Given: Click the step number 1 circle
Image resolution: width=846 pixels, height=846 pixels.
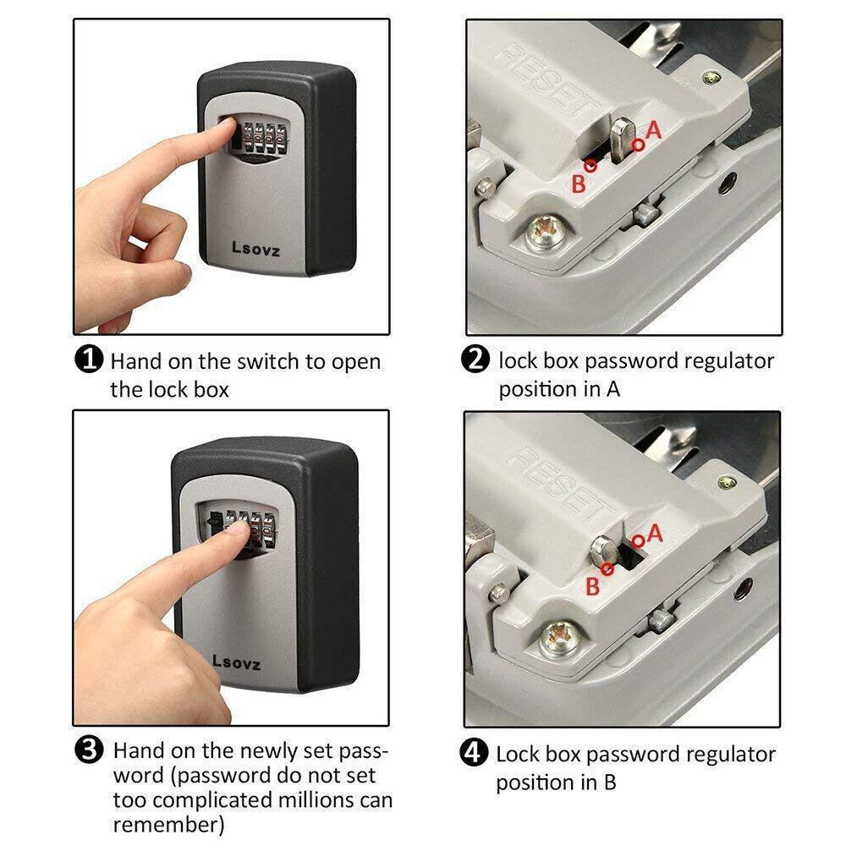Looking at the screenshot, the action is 89,359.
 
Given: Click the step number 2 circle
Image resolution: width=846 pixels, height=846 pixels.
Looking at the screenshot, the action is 475,359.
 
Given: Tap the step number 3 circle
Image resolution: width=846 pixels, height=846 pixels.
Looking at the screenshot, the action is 89,750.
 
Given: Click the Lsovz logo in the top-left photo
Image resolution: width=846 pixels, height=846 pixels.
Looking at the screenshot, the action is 255,249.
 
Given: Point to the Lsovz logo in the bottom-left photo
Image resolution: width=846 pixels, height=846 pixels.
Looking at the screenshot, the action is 236,662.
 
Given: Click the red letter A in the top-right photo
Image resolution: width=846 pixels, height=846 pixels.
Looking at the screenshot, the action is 653,130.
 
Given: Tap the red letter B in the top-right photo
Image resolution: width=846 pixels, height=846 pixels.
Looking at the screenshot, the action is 579,184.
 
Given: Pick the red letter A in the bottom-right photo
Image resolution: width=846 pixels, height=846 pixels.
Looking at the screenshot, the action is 655,534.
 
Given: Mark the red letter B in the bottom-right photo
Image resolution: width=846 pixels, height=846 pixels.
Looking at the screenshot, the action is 592,586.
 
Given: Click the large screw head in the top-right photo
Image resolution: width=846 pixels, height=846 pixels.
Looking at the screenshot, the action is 546,233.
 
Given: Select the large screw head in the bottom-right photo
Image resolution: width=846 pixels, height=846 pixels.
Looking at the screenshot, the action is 560,640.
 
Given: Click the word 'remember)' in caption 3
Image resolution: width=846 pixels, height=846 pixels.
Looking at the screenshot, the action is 169,825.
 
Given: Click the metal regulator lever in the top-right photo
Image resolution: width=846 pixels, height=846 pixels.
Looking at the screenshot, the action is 623,140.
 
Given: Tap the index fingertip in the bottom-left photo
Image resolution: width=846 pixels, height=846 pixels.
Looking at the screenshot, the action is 238,531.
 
